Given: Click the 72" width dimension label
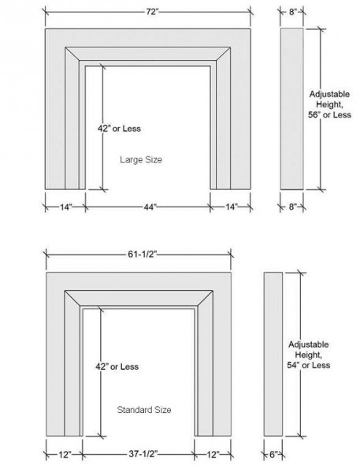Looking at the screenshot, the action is click(x=152, y=12).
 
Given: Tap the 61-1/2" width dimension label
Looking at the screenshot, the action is click(x=143, y=255).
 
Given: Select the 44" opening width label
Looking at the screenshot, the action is click(x=150, y=207).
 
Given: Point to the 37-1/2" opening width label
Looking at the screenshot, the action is click(x=143, y=454).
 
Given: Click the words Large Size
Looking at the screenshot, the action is click(x=141, y=159).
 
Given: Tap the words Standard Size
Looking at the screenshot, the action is click(x=144, y=410).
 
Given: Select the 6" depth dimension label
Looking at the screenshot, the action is click(x=273, y=455).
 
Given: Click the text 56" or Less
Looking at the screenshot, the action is click(x=329, y=114).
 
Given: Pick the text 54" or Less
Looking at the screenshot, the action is click(x=309, y=365).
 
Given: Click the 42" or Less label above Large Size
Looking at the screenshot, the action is click(x=119, y=128).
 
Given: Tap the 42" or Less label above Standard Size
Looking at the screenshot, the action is click(x=117, y=367).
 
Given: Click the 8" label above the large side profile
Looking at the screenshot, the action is click(x=293, y=12).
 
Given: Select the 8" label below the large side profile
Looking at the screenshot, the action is click(x=292, y=207).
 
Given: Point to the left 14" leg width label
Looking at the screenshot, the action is click(x=66, y=207).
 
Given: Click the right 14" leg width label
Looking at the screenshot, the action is click(x=232, y=207).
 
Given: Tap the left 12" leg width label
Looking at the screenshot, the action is click(x=65, y=454).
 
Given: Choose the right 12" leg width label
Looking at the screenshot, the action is click(x=213, y=454).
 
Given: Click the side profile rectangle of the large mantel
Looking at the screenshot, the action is click(x=291, y=109).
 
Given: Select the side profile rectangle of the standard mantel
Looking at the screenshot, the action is click(x=273, y=354).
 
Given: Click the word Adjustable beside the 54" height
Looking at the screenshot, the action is click(x=309, y=345).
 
